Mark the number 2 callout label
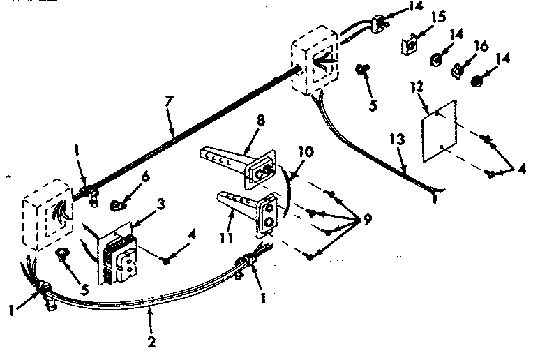(151, 343)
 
